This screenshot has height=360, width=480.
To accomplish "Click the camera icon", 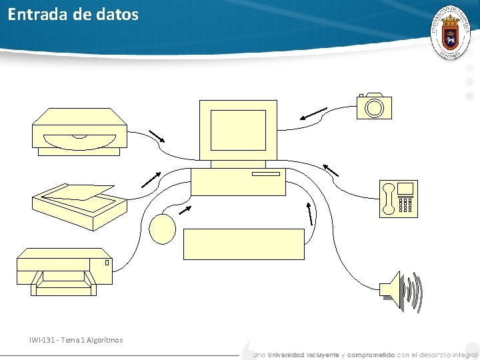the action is pos(374,107).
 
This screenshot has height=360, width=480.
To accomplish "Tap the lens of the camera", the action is pos(375,108).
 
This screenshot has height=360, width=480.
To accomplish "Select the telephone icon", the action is pos(399,199).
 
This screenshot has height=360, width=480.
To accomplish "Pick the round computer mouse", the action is pos(163,229).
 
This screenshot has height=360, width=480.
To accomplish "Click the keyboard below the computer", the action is pos(244,243).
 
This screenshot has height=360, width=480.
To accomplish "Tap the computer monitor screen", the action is pos(238,131).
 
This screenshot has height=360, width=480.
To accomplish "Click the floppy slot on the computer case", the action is pos(265,174).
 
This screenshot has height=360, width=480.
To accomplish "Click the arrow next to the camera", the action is pos(313,114).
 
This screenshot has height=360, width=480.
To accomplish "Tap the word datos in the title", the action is pos(119,14).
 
